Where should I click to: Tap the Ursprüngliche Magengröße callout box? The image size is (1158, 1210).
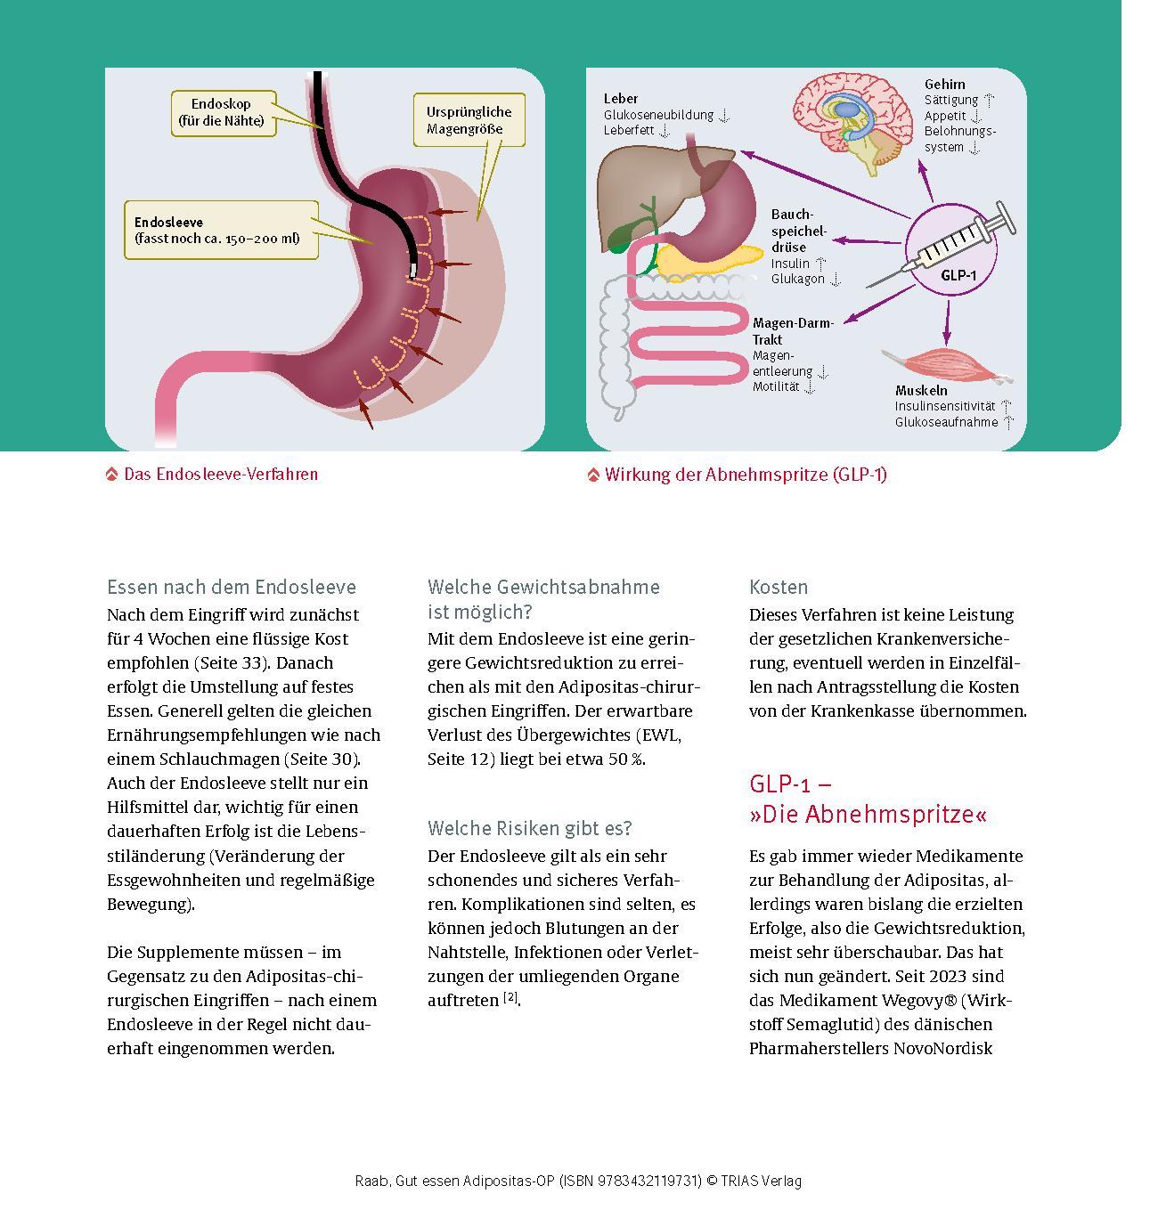pyautogui.click(x=469, y=120)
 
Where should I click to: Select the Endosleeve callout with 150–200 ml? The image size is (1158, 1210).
pyautogui.click(x=220, y=230)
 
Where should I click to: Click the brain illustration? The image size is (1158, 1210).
pyautogui.click(x=851, y=120)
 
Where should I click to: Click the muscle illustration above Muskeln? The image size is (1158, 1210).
pyautogui.click(x=932, y=364)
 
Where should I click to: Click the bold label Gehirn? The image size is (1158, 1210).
pyautogui.click(x=944, y=85)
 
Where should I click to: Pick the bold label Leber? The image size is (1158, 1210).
pyautogui.click(x=621, y=99)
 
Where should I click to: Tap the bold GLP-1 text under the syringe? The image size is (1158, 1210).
pyautogui.click(x=958, y=276)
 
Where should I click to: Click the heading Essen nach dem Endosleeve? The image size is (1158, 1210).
pyautogui.click(x=232, y=588)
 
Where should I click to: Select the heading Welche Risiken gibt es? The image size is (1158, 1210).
pyautogui.click(x=530, y=829)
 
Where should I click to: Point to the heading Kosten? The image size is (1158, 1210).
pyautogui.click(x=779, y=588)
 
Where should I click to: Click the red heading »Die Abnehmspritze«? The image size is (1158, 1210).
pyautogui.click(x=868, y=815)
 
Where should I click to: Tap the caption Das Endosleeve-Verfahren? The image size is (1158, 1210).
pyautogui.click(x=220, y=475)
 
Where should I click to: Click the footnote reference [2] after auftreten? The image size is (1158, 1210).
pyautogui.click(x=510, y=998)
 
